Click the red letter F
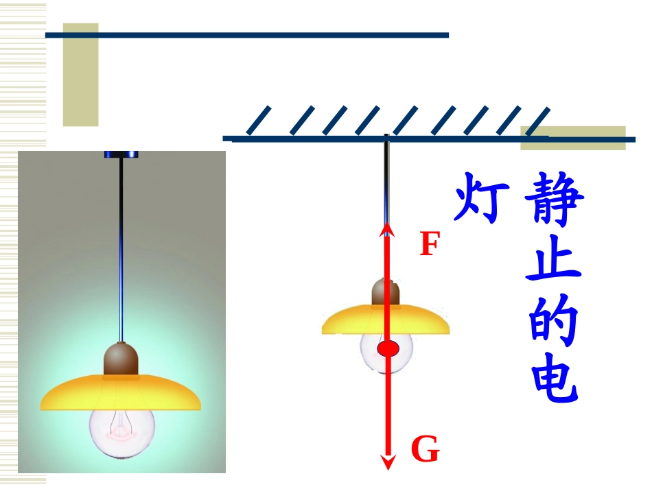(430, 243)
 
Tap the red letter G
(426, 449)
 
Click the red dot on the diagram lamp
(388, 348)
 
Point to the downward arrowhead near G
(388, 462)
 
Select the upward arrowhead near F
(387, 228)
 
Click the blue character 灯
(482, 198)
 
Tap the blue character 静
(555, 199)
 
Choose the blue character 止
(553, 259)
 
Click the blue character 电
(555, 377)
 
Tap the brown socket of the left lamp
(121, 359)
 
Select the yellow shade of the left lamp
(121, 393)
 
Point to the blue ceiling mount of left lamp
(121, 154)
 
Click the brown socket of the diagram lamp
(386, 292)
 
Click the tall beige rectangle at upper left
(81, 74)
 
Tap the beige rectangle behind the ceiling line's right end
(573, 138)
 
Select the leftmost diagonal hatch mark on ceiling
(259, 121)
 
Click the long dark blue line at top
(247, 35)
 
